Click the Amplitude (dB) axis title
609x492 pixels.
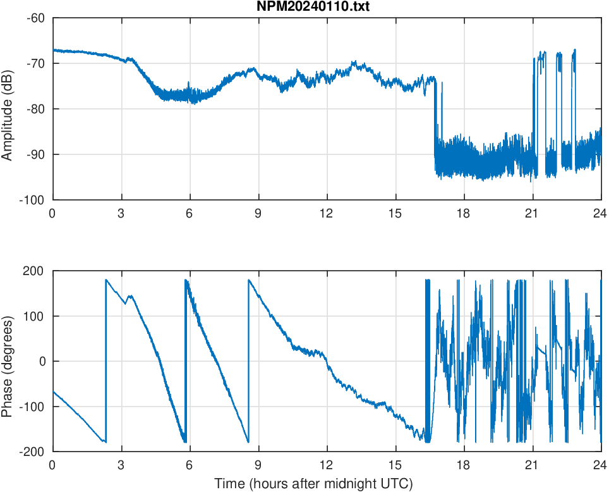coord(8,109)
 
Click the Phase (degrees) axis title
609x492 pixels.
coord(8,361)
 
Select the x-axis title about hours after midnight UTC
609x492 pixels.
coord(313,484)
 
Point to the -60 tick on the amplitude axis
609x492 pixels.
coord(35,18)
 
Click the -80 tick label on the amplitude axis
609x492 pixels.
coord(35,109)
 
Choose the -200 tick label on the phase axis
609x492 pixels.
coord(33,452)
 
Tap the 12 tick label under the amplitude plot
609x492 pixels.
coord(327,213)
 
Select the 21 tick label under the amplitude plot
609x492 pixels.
coord(533,213)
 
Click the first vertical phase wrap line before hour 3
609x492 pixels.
coord(106,360)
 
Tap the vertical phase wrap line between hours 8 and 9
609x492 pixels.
coord(249,360)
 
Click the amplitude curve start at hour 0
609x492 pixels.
coord(53,49)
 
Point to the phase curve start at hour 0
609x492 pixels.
coord(53,392)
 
